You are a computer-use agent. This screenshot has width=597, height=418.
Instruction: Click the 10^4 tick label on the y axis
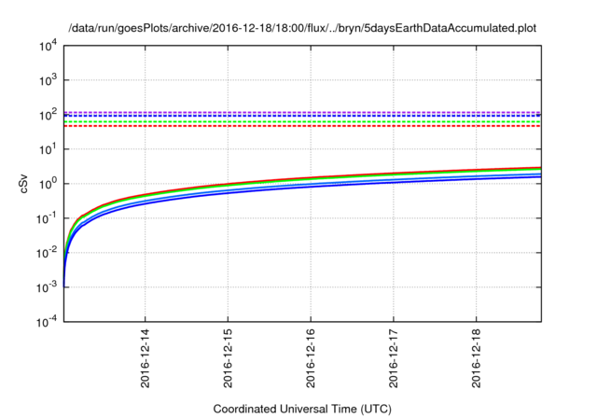click(x=48, y=46)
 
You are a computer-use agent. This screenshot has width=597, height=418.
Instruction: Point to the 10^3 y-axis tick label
click(x=48, y=80)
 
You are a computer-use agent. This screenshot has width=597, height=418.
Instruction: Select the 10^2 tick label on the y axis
click(x=48, y=115)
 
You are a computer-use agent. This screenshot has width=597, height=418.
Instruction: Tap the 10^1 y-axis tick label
click(x=48, y=149)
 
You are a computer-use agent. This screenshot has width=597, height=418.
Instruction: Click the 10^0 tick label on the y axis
click(x=48, y=183)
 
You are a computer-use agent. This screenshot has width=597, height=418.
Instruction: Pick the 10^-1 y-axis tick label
click(x=46, y=217)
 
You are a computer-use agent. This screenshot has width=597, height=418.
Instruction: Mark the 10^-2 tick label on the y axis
click(x=46, y=252)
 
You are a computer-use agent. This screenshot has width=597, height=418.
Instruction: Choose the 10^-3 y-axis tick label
click(x=46, y=286)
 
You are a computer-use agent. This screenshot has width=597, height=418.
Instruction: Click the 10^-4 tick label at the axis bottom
click(x=46, y=321)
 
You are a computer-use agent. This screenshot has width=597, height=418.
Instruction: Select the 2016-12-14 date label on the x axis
click(x=146, y=357)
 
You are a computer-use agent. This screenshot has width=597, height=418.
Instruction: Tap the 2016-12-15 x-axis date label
click(x=228, y=357)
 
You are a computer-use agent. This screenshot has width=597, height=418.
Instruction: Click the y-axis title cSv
click(x=25, y=184)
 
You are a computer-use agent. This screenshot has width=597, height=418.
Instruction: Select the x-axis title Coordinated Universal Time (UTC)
click(x=301, y=409)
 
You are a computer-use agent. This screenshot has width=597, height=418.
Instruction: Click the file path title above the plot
click(x=301, y=29)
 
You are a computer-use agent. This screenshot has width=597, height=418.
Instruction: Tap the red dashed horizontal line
click(x=298, y=126)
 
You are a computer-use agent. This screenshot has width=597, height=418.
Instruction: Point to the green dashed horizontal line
click(x=298, y=121)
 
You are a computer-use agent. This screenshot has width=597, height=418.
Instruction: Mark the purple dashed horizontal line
click(x=298, y=112)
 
